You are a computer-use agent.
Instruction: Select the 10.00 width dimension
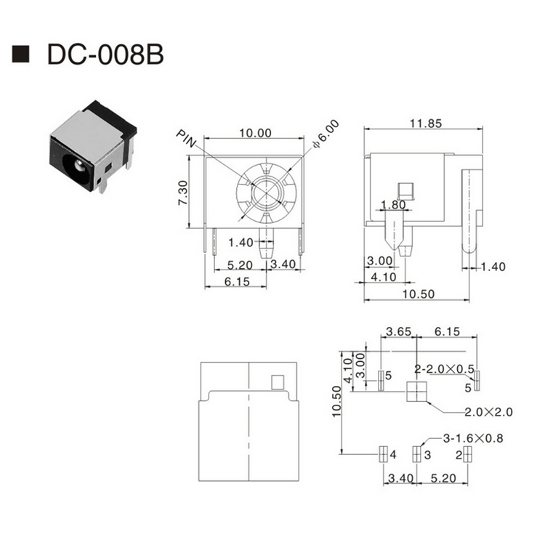[255, 133]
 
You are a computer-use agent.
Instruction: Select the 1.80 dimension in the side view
[393, 205]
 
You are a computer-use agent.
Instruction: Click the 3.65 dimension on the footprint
[398, 332]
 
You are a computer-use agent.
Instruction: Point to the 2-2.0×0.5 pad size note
[444, 368]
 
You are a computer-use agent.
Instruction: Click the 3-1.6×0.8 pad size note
[473, 438]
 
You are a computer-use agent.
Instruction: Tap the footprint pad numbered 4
[382, 454]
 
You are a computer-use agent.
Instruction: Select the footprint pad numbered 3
[416, 454]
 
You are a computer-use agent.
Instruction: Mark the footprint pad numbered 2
[469, 454]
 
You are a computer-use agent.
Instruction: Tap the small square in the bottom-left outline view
[277, 381]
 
